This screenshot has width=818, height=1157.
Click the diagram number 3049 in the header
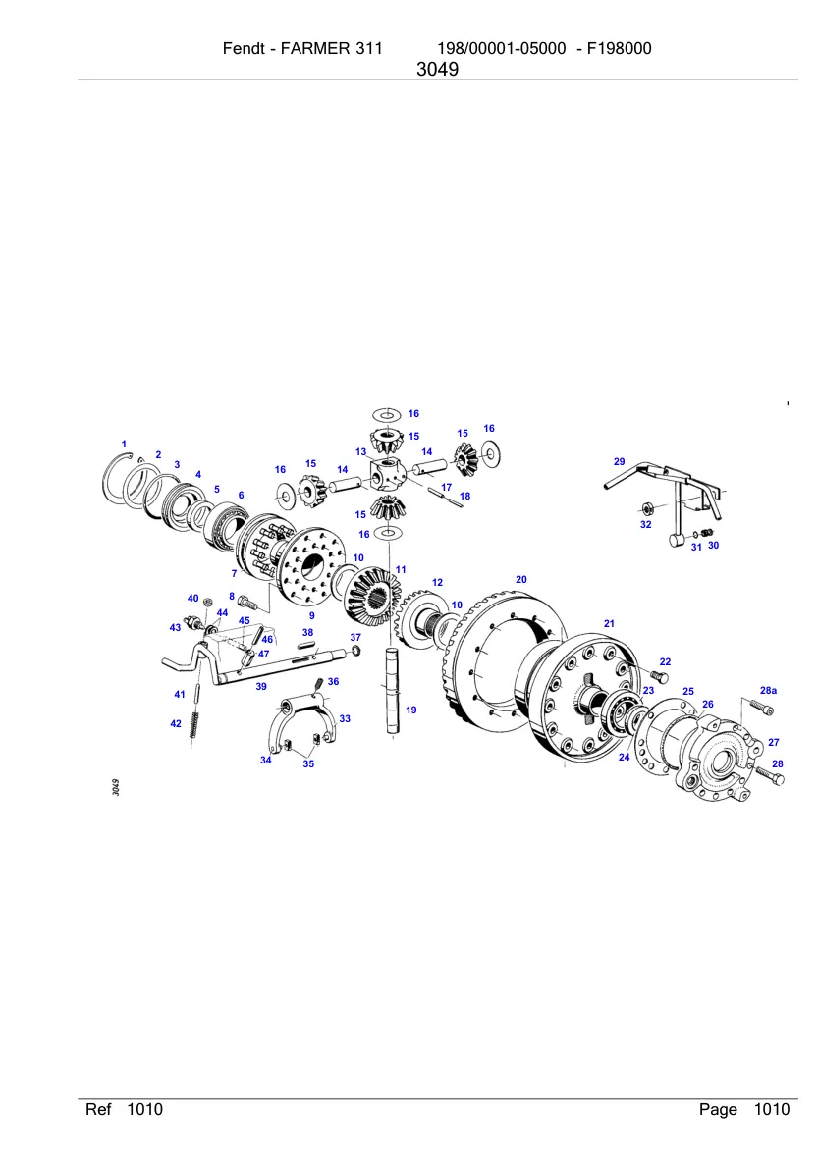tap(437, 70)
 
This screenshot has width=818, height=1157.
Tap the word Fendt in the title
tap(242, 49)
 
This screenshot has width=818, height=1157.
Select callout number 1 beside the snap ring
tap(124, 445)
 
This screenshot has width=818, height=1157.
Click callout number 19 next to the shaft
tap(411, 710)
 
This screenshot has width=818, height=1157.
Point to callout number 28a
tap(769, 691)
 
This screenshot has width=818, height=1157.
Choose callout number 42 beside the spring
tap(176, 724)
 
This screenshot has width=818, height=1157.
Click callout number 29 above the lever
tap(620, 462)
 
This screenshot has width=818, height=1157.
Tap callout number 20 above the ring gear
tap(521, 580)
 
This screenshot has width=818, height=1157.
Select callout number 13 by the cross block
tap(361, 452)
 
